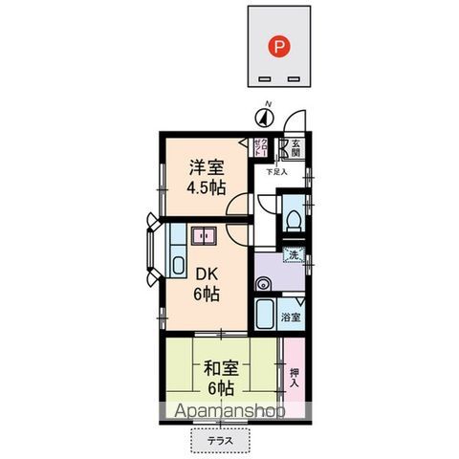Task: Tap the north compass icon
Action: (265, 117)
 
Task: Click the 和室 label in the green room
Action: (220, 366)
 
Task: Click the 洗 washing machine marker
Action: (295, 254)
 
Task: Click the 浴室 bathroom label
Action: (291, 317)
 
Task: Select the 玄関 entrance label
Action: (295, 148)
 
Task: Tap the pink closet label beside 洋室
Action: (258, 149)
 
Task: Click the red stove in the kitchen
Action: (204, 236)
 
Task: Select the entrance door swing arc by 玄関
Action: (296, 122)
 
